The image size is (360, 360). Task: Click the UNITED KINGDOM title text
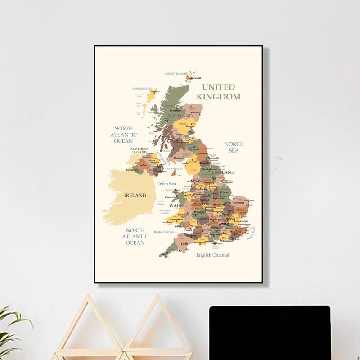[218, 92]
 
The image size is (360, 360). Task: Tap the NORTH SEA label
[234, 147]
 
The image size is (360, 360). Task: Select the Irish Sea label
[167, 184]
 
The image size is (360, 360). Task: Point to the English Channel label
[212, 255]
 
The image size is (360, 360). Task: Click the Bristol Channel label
[164, 232]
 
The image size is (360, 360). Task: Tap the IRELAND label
[135, 195]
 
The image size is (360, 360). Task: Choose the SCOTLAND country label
[180, 116]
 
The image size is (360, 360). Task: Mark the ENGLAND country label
[224, 172]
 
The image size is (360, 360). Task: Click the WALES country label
[176, 205]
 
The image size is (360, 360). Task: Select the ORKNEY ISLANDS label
[175, 73]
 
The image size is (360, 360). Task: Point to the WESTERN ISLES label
[142, 89]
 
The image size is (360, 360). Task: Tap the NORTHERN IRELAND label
[139, 150]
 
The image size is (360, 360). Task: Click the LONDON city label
[224, 223]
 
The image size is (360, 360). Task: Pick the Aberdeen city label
[196, 112]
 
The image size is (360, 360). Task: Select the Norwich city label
[239, 203]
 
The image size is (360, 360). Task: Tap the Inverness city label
[175, 110]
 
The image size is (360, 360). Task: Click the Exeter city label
[185, 244]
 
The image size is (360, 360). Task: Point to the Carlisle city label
[193, 162]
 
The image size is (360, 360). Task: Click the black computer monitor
[270, 333]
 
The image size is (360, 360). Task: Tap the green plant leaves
[11, 328]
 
